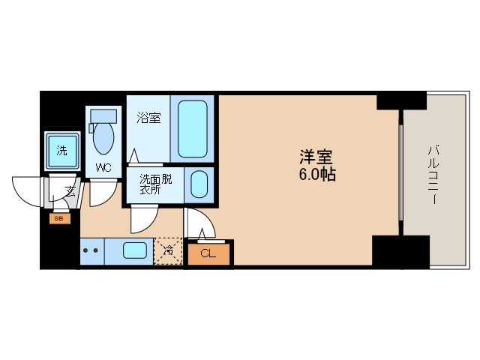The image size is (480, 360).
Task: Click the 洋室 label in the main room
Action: [316, 157]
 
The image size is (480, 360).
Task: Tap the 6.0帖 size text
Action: [317, 175]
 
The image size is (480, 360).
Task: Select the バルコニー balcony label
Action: [433, 175]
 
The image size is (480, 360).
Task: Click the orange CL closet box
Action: [208, 254]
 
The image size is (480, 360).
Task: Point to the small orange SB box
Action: [60, 218]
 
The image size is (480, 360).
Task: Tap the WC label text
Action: [103, 168]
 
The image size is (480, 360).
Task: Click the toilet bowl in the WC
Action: [103, 138]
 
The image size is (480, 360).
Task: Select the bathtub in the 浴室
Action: [193, 129]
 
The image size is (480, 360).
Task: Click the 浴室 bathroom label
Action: [148, 118]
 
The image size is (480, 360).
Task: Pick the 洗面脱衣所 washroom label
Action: [156, 184]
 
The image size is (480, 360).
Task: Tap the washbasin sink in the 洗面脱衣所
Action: [199, 184]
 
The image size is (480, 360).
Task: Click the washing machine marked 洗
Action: [62, 151]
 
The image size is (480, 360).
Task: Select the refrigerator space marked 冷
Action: [168, 251]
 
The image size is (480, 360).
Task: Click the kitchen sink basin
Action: [135, 250]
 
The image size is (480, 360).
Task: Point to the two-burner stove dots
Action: [91, 250]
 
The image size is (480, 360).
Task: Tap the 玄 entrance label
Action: [70, 192]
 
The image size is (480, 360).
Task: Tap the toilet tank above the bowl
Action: [103, 116]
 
